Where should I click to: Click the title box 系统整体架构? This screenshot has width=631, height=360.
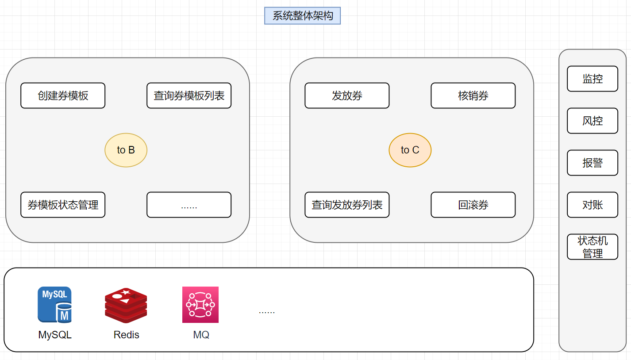click(x=302, y=16)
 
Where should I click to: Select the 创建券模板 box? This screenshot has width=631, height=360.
click(x=63, y=96)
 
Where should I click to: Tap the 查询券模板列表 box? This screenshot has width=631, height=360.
click(x=189, y=96)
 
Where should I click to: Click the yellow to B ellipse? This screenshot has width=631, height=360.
click(x=126, y=150)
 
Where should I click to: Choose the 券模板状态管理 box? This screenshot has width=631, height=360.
click(x=63, y=205)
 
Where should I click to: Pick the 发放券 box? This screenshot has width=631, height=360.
click(x=347, y=96)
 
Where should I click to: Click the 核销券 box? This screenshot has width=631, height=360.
click(x=473, y=96)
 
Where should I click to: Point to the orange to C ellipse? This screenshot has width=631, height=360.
click(x=410, y=150)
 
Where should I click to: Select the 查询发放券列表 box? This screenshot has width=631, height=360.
click(x=347, y=205)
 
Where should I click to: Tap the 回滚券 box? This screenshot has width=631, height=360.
click(x=473, y=205)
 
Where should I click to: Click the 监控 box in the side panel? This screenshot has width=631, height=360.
click(x=593, y=79)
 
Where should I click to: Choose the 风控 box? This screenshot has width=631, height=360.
click(x=593, y=121)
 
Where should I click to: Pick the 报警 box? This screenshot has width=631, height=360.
click(x=593, y=163)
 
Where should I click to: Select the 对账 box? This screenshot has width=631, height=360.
click(x=593, y=205)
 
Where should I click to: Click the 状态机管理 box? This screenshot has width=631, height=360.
click(x=593, y=247)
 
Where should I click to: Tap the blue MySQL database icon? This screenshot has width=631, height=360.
click(x=54, y=305)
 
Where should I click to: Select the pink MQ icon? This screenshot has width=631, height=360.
click(x=200, y=305)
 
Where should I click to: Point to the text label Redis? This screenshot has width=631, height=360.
click(x=126, y=335)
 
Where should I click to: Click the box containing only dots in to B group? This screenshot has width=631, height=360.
click(x=189, y=205)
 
